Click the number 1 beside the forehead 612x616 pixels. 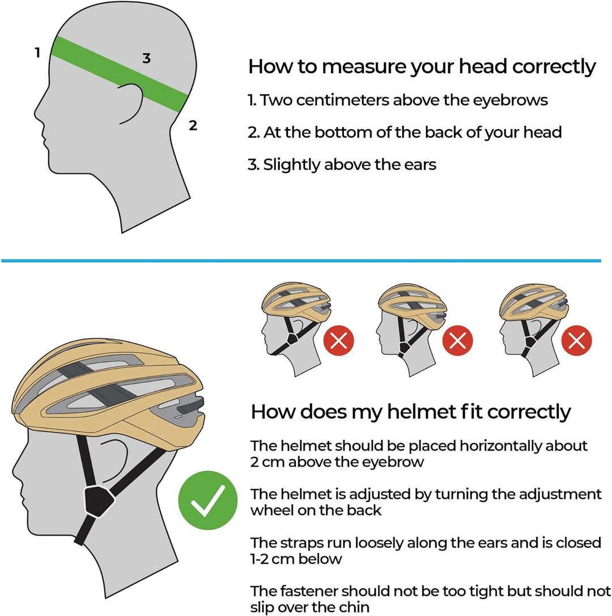click(37, 53)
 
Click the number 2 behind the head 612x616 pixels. click(193, 126)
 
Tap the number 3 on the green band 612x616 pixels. click(146, 58)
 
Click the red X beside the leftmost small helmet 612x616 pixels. click(339, 341)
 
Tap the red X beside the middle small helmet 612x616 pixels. click(458, 341)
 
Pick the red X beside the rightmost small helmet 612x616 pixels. click(577, 341)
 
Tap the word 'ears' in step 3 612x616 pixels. click(420, 165)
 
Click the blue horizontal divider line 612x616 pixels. click(300, 260)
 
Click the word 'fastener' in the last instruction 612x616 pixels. click(307, 592)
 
